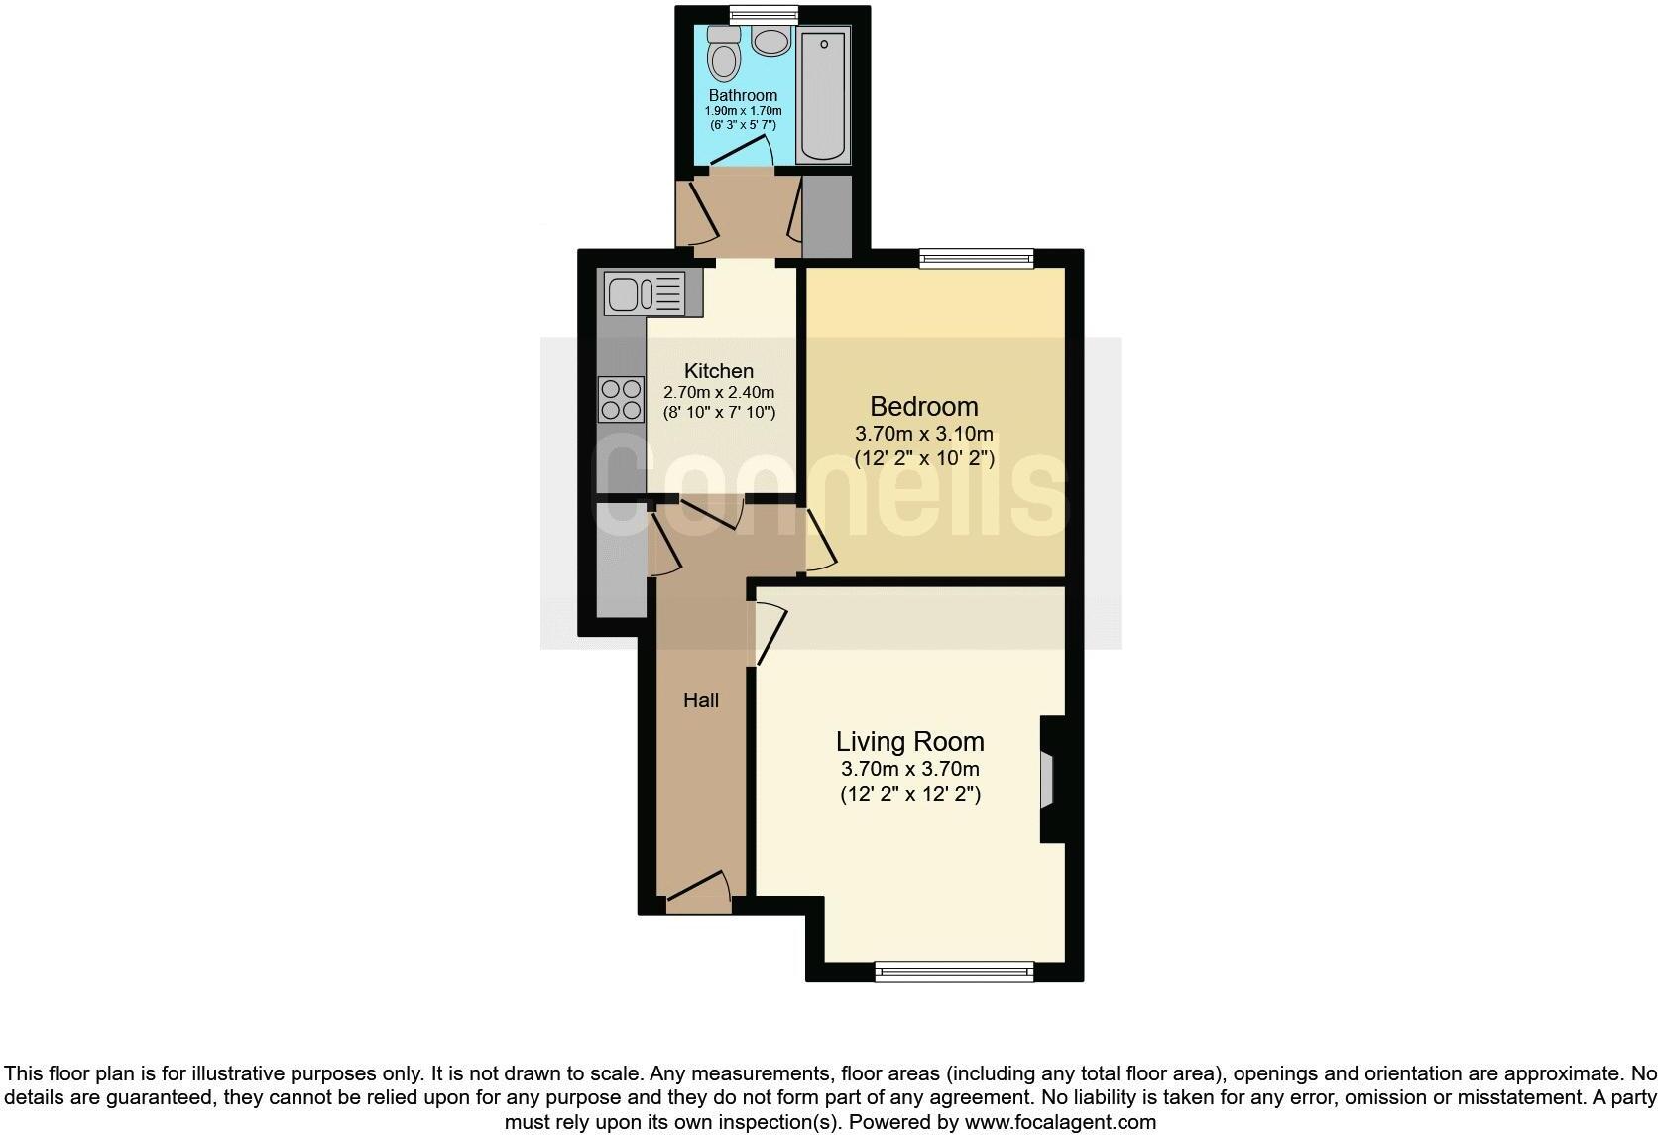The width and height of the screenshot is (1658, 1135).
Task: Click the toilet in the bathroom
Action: (724, 58)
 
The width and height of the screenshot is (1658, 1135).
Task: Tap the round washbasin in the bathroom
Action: (770, 41)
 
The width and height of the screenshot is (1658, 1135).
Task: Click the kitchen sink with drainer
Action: (644, 293)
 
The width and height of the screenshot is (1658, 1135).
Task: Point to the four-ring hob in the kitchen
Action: (621, 399)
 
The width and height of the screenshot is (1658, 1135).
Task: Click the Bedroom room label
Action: (923, 406)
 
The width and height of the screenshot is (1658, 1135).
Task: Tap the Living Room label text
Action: (909, 741)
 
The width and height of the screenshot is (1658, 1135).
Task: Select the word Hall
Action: (700, 700)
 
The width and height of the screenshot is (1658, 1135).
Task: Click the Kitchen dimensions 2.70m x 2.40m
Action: (719, 392)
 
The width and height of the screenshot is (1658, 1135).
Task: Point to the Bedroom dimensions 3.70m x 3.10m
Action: (923, 434)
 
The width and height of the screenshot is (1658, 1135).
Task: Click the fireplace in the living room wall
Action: (1050, 779)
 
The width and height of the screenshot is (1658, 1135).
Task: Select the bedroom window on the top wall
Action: (977, 259)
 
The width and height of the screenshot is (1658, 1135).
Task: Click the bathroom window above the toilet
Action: (763, 14)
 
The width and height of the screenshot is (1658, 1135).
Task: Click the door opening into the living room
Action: (770, 635)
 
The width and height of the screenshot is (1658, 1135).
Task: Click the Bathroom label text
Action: (743, 95)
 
